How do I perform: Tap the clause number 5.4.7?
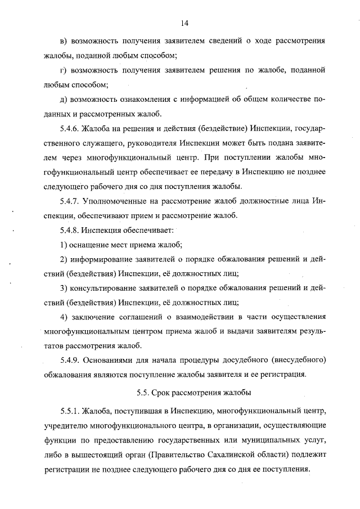[70, 201]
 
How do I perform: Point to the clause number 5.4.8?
[70, 230]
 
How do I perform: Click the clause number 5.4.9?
[70, 360]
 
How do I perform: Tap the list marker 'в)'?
[63, 42]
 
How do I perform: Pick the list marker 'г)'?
[63, 71]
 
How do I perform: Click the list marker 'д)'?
[63, 100]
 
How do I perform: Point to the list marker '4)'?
[63, 317]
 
